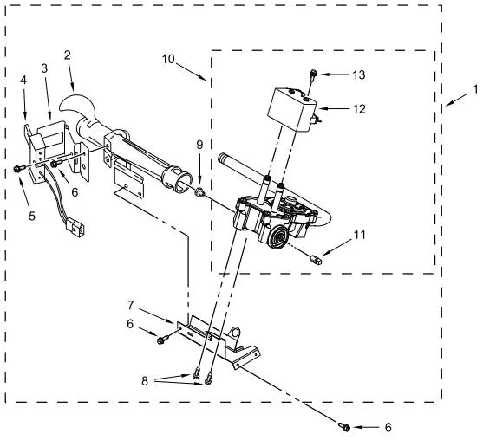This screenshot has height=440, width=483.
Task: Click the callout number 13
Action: coord(358,74)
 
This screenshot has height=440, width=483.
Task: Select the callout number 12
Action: coord(359,109)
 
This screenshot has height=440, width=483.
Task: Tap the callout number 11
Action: coord(359,235)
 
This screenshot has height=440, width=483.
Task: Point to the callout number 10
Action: coord(168,59)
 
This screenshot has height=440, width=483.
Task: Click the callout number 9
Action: coord(199,145)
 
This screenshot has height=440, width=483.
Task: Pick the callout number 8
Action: coord(145,381)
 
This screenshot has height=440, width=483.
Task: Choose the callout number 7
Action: coord(131,305)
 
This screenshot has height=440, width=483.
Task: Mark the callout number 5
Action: coord(32,216)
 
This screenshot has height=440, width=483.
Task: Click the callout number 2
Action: coord(67,55)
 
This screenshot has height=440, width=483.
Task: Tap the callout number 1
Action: coord(475,89)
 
